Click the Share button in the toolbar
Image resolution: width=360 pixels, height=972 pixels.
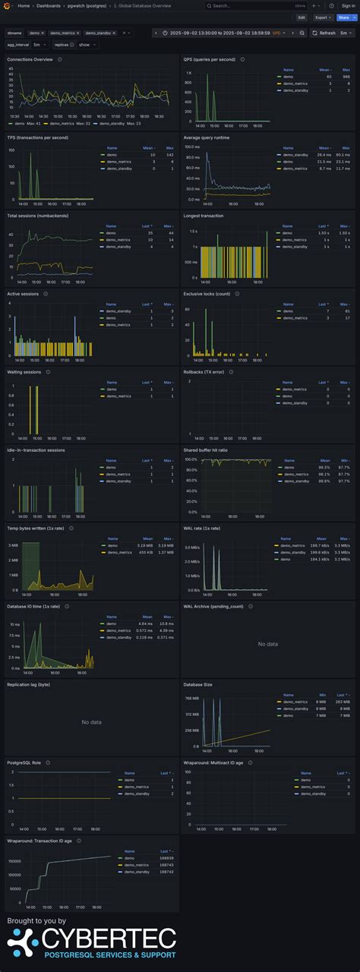[343, 17]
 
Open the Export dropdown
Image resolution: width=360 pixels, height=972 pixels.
[323, 17]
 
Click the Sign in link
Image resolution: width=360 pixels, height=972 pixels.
[348, 5]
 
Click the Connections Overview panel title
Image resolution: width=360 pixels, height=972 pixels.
[30, 58]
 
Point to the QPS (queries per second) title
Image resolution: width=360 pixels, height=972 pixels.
[210, 58]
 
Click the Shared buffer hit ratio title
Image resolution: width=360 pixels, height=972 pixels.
[207, 450]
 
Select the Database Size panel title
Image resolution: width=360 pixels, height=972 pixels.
[198, 684]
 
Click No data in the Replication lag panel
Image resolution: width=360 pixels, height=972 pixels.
[91, 722]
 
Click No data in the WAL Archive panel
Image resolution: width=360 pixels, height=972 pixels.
[267, 644]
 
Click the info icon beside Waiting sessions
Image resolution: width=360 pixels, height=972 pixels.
[49, 372]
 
